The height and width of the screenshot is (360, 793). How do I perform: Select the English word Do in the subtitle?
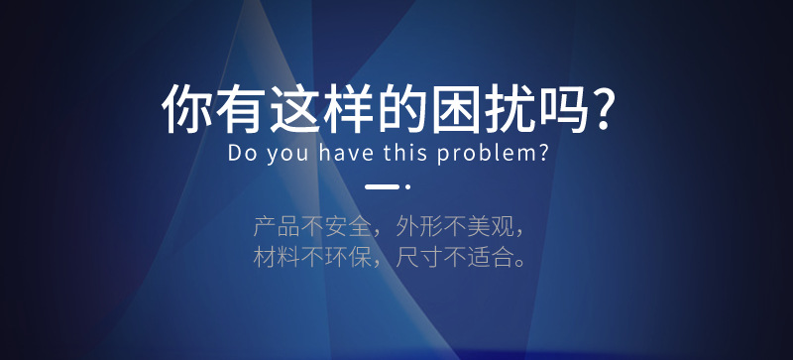point(240,155)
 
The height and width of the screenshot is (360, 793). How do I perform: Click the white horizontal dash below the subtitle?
point(382,186)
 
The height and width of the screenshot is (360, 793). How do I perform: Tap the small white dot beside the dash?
point(407,186)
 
